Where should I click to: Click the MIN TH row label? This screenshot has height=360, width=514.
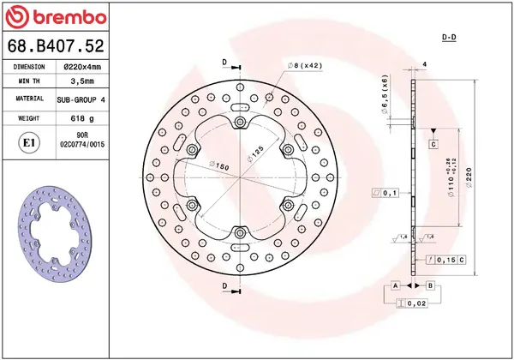pos(29,82)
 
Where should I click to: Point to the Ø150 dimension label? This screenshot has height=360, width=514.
pos(220,165)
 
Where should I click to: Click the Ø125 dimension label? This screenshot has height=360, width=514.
pos(255,153)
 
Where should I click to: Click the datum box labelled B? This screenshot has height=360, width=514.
pos(430,285)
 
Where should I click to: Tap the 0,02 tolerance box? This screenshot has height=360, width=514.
pos(413,303)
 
